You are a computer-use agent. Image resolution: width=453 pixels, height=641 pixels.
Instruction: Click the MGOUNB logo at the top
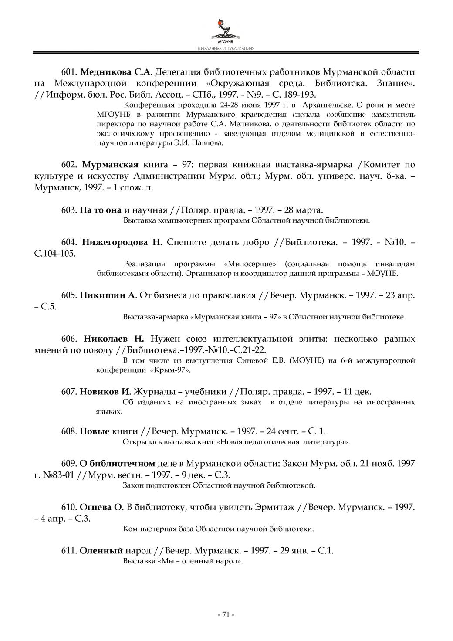click(226, 31)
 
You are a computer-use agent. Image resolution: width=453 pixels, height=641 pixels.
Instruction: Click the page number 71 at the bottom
click(226, 614)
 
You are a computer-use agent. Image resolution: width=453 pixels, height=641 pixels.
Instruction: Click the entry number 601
click(69, 71)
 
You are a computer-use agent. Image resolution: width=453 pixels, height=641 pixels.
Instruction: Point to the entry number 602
click(69, 165)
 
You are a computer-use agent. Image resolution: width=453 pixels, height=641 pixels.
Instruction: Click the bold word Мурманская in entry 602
click(110, 165)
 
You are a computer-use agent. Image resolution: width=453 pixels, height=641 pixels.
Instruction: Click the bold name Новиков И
click(105, 391)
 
